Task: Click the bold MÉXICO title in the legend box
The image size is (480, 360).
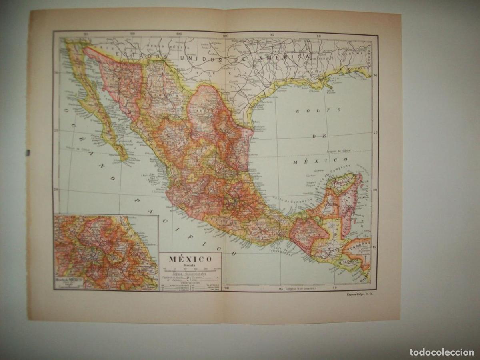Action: pos(190,259)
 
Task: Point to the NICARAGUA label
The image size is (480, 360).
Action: pos(363,276)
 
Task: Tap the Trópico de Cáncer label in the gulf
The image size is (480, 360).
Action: pos(338,151)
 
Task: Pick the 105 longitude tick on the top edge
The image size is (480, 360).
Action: pos(178,34)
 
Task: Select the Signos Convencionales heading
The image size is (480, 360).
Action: pos(190,274)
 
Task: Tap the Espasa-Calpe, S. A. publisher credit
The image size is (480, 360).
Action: pos(358,295)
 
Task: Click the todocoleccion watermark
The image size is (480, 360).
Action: pos(442,352)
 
